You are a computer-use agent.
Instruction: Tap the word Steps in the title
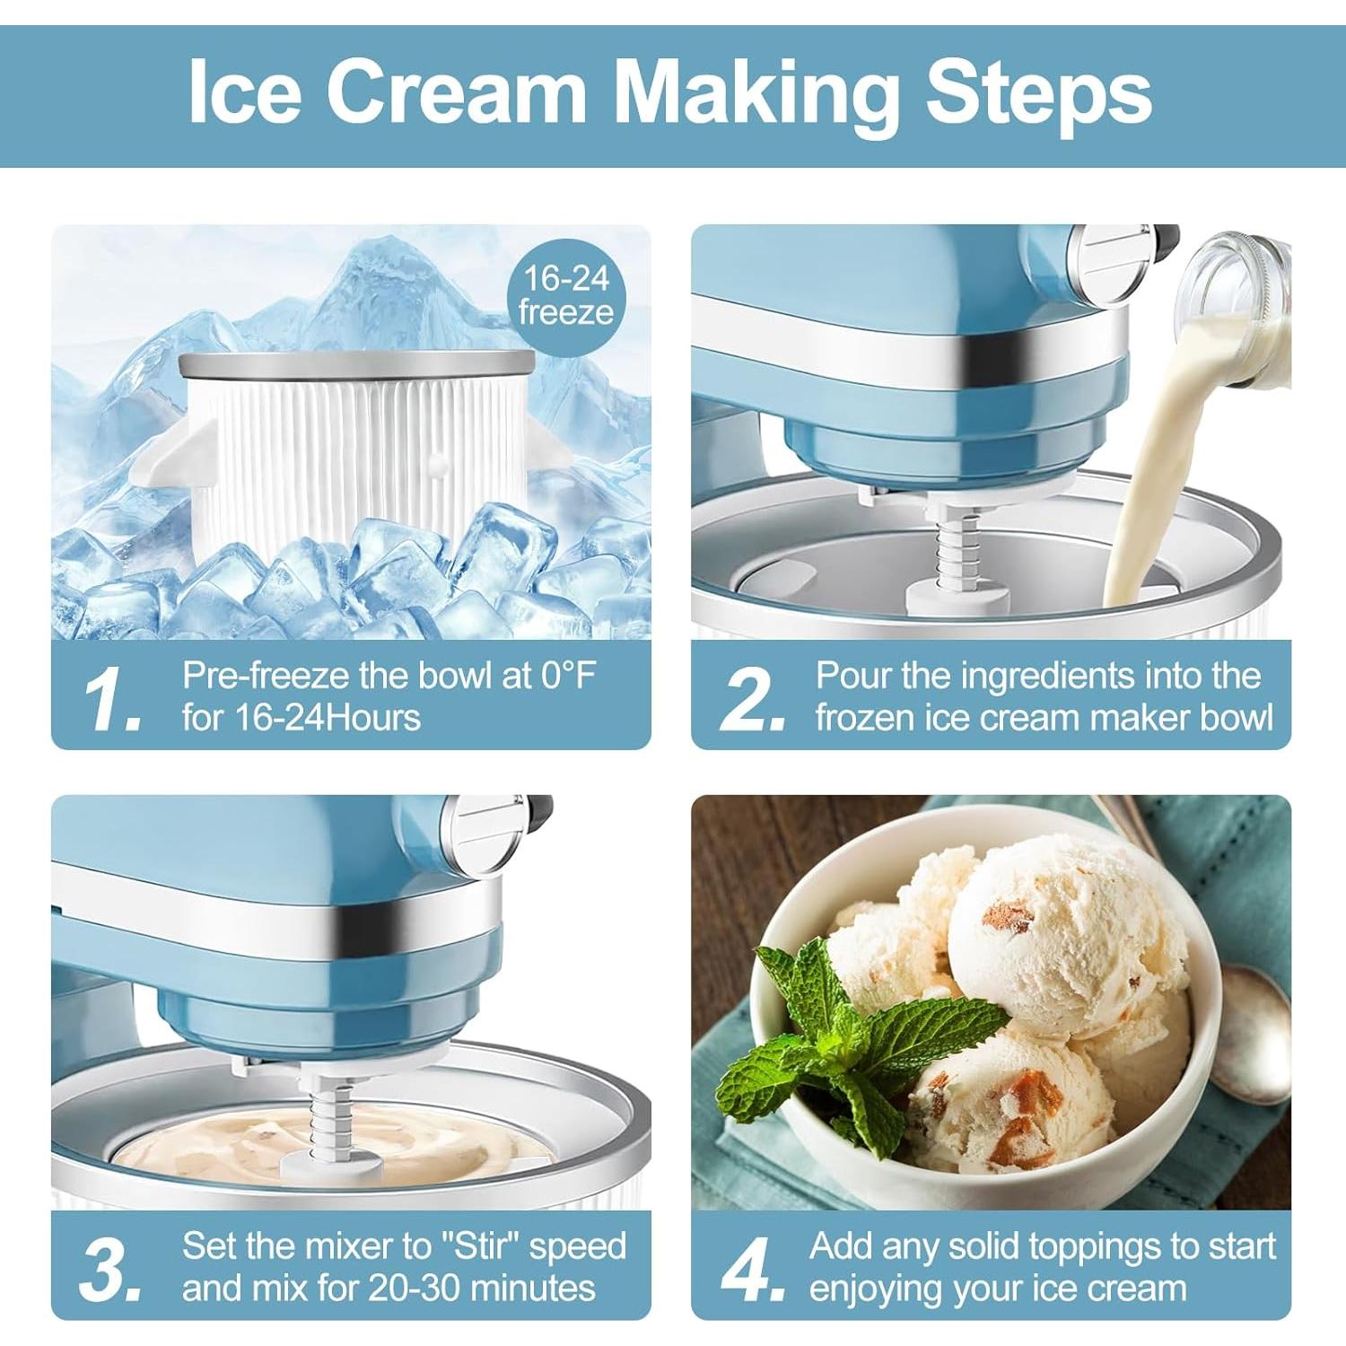coord(1038,93)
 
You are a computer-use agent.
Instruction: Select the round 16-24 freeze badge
coord(566,295)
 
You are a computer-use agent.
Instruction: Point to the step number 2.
coord(751,697)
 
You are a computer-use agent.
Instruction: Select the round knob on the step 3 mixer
coord(485,833)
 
